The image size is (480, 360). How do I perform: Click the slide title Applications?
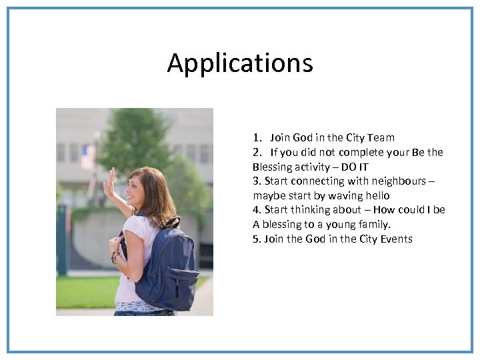click(x=240, y=63)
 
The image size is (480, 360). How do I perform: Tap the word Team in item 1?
click(x=381, y=138)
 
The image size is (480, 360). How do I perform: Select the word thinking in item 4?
click(x=313, y=210)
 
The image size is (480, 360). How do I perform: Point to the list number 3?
click(x=256, y=181)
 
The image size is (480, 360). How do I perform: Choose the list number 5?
click(x=256, y=239)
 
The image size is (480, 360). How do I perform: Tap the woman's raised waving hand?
click(x=109, y=182)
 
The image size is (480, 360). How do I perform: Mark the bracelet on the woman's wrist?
click(x=115, y=257)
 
